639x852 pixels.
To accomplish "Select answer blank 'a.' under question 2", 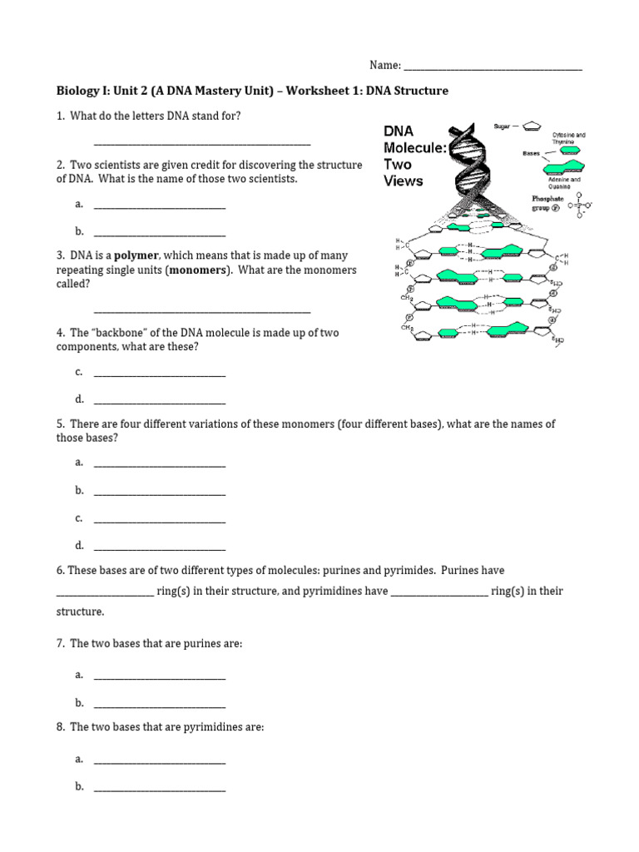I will pos(160,206).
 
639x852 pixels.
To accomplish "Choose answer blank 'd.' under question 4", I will pos(160,401).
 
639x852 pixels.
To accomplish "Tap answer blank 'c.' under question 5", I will pos(160,520).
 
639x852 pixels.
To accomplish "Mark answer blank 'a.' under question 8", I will pos(160,761).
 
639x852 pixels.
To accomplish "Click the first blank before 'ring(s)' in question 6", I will pos(105,593).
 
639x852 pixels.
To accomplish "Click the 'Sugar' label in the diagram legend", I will pos(502,126).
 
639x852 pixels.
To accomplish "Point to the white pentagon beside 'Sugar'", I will pos(533,126).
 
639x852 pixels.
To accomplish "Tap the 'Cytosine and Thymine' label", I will pos(568,138).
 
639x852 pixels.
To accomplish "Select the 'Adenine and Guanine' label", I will pos(565,184).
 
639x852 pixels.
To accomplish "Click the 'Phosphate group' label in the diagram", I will pos(547,204).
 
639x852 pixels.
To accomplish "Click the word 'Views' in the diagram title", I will pos(403,181).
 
